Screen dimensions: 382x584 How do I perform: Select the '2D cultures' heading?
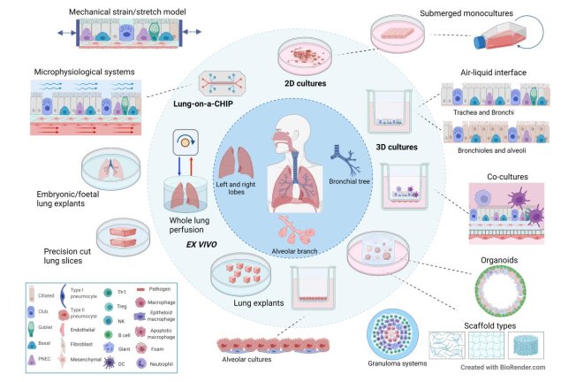pyautogui.click(x=303, y=83)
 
